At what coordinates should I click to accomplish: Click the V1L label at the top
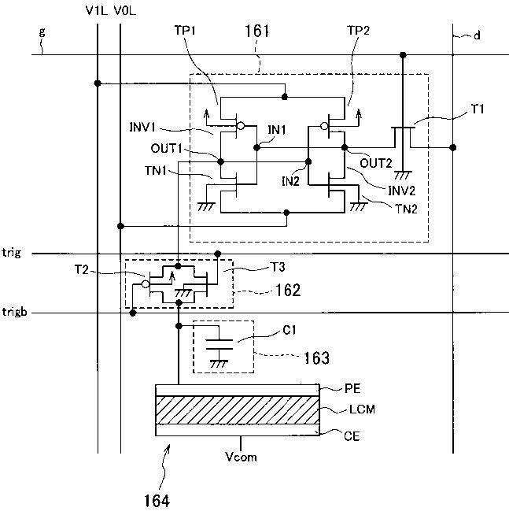[96, 11]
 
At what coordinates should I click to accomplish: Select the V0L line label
[125, 11]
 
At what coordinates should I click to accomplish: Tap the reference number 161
[257, 31]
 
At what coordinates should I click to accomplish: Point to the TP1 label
[185, 30]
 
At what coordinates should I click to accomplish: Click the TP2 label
[359, 31]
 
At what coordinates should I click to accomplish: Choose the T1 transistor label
[478, 109]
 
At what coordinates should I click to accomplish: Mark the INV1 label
[142, 127]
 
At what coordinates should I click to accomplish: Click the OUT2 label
[376, 163]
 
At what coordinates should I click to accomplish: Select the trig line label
[12, 253]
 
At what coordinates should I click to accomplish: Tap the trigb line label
[14, 312]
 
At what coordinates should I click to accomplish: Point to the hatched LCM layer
[238, 410]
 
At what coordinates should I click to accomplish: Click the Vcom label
[241, 457]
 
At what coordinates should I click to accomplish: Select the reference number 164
[157, 501]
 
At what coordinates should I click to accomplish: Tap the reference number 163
[317, 358]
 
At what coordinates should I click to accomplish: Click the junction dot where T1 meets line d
[453, 147]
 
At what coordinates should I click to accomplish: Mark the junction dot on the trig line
[217, 254]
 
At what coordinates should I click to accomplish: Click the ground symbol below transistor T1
[403, 176]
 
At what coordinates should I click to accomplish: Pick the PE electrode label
[352, 388]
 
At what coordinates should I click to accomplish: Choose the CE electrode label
[352, 435]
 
